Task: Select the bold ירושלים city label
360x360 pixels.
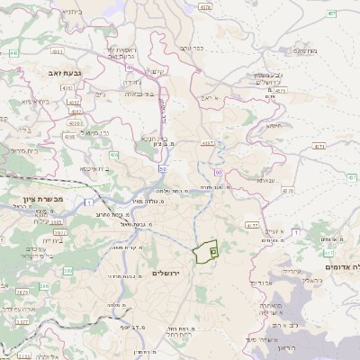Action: pos(166,273)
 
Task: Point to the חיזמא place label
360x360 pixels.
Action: pos(274,126)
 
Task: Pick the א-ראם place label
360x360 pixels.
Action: pos(210,96)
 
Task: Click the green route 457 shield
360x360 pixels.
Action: pos(332,13)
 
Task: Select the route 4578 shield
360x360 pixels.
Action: pos(205,6)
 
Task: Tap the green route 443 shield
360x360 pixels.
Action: pos(13,53)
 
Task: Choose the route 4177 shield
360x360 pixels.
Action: pos(251,226)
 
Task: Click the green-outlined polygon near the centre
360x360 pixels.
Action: pos(206,251)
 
